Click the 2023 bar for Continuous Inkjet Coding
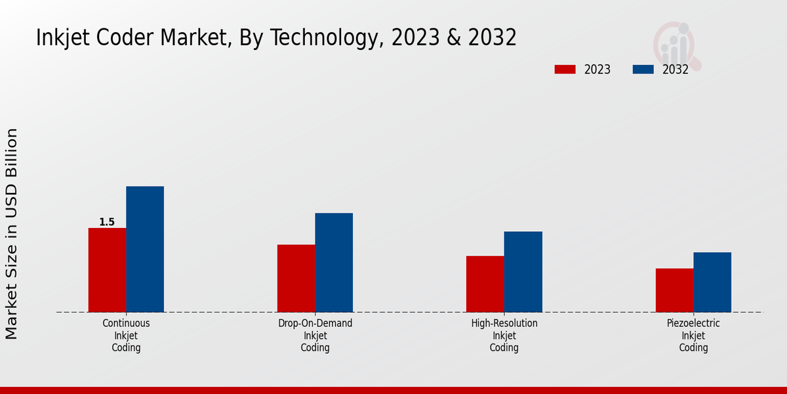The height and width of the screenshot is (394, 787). tap(107, 270)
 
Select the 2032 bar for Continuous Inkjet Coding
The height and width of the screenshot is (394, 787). tap(145, 249)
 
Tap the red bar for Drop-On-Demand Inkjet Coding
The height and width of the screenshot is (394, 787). tap(296, 278)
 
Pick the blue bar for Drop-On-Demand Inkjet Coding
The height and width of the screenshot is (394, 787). tap(334, 262)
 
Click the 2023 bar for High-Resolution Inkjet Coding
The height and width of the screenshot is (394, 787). tap(485, 284)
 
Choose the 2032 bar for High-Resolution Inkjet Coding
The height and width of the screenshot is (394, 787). tap(523, 271)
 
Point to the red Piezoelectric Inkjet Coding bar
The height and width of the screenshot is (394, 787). tap(674, 290)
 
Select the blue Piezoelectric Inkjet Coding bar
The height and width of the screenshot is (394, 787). tap(712, 282)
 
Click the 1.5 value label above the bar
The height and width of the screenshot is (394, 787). tap(107, 222)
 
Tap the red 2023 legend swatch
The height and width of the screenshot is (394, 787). tap(565, 70)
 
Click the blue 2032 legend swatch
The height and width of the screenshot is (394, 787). tap(643, 70)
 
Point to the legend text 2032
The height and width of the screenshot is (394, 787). tap(675, 70)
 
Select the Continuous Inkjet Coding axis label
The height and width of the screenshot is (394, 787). tap(126, 336)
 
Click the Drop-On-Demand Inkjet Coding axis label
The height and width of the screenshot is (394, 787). tap(315, 336)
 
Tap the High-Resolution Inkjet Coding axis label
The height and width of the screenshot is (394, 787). tap(504, 336)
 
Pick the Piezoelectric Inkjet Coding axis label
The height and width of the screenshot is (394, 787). tap(693, 336)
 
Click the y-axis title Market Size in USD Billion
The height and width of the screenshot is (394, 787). tap(12, 234)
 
